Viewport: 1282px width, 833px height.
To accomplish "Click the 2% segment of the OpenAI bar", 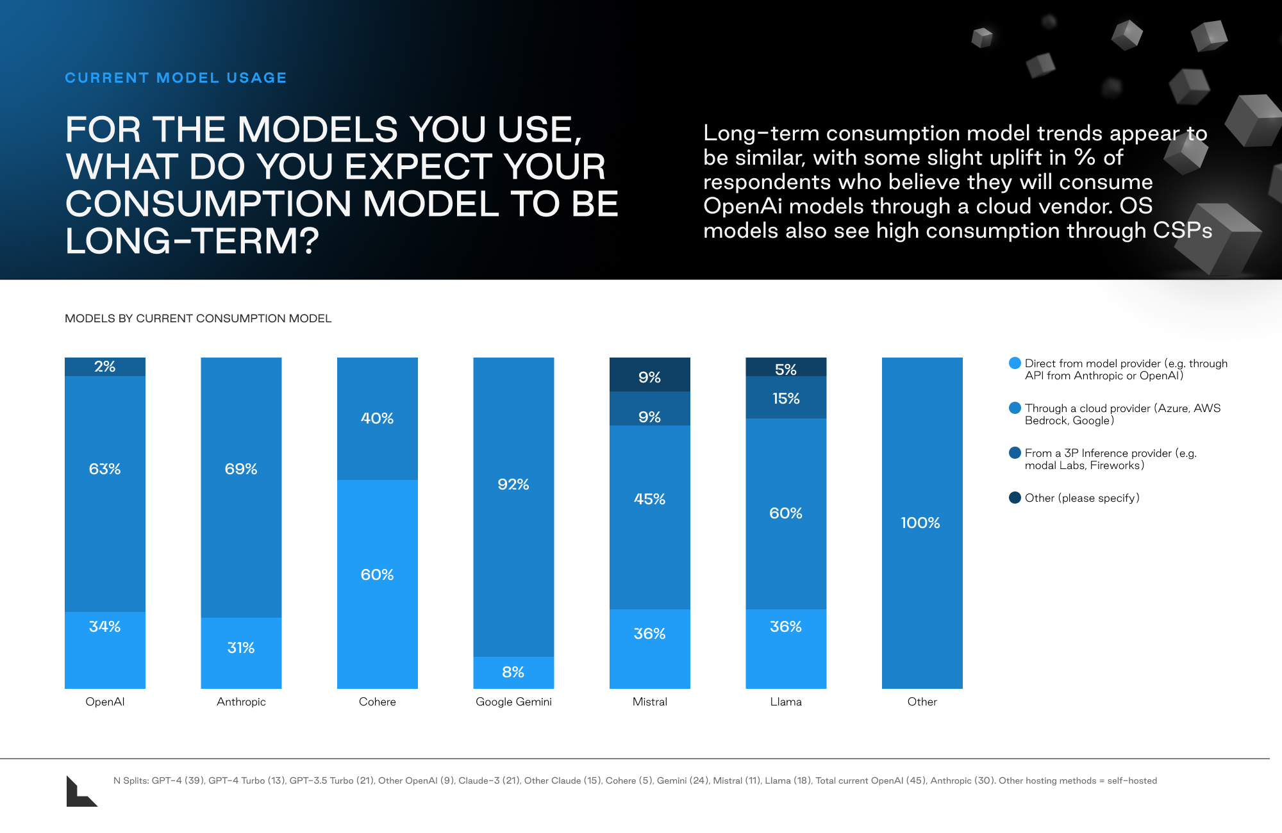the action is (105, 367).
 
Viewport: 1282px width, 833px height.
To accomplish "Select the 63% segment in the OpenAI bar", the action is (105, 494).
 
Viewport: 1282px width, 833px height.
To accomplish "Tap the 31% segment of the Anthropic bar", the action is (241, 653).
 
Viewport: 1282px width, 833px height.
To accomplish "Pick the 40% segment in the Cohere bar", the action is (378, 418).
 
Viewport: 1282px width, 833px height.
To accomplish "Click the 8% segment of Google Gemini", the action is (513, 673).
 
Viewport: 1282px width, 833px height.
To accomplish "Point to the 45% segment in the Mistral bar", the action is (650, 517).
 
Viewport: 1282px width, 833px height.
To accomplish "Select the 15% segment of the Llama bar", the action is (786, 397).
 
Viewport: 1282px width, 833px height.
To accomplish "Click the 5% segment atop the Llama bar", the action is (786, 367).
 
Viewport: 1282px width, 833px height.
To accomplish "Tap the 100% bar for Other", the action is (922, 523).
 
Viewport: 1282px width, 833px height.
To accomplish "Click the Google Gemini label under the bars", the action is (513, 702).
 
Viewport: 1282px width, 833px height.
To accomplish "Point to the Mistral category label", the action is (650, 702).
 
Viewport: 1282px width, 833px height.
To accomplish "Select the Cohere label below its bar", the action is (378, 702).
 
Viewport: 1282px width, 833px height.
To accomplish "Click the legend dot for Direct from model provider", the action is (1015, 363).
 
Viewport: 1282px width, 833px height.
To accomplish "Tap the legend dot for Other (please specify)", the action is (1015, 498).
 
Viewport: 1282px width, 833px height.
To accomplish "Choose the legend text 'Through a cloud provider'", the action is (1088, 408).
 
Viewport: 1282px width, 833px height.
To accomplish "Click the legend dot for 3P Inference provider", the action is (1015, 453).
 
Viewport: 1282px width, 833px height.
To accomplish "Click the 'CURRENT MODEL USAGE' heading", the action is (176, 78).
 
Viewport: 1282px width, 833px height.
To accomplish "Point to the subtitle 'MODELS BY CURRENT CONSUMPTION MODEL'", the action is (198, 318).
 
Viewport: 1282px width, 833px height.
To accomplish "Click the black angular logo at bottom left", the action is (81, 791).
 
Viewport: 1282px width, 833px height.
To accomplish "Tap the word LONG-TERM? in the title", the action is (192, 241).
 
